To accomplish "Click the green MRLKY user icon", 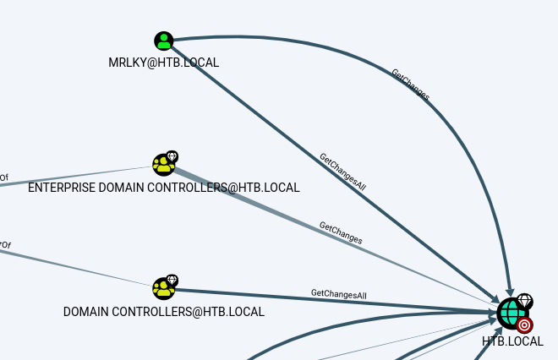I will tap(163, 41).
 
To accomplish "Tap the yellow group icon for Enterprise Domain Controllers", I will tap(163, 164).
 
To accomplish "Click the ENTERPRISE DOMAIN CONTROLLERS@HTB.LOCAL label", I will tap(164, 188).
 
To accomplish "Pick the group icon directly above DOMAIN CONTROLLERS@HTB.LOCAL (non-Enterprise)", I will tap(163, 288).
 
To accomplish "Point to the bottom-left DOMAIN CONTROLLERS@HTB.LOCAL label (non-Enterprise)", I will tap(164, 312).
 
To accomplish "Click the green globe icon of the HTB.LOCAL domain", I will tap(510, 312).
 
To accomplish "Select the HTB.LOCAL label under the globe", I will tap(512, 341).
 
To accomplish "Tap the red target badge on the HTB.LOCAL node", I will tap(525, 325).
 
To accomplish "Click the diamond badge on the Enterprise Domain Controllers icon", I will tap(172, 156).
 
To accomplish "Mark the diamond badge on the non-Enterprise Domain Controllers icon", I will tap(172, 280).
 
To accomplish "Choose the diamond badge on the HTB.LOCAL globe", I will tap(524, 301).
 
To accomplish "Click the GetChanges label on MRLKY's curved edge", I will tap(410, 85).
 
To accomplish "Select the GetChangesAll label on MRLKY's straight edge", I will tap(342, 170).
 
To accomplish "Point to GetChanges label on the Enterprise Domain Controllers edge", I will tap(341, 232).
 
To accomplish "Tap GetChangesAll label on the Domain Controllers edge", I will tap(338, 294).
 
